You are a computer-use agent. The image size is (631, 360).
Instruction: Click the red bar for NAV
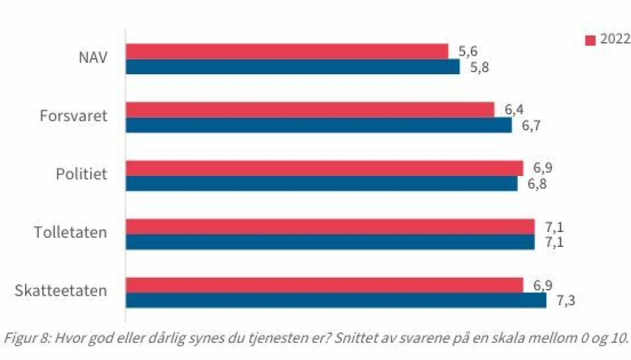click(287, 51)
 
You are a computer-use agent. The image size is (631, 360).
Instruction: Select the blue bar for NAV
click(292, 66)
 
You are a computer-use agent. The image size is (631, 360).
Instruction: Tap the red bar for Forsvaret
click(310, 110)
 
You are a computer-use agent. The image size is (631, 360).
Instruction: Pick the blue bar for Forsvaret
click(318, 125)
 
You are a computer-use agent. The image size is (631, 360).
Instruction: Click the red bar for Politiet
click(324, 168)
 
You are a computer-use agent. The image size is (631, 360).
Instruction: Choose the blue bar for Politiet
click(321, 183)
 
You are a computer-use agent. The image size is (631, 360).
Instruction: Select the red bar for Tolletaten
click(330, 227)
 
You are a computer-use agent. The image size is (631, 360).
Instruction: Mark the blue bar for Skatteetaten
click(336, 300)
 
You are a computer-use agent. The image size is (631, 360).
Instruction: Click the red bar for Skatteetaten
click(324, 285)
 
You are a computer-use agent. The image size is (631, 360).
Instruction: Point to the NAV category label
click(91, 58)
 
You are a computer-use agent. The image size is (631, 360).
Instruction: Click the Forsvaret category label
click(72, 116)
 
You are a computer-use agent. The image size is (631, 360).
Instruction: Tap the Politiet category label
click(81, 175)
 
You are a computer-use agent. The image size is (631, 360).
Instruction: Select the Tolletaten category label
click(70, 233)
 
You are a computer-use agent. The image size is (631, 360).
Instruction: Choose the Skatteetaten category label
click(60, 291)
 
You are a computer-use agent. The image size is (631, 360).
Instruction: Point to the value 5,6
click(468, 51)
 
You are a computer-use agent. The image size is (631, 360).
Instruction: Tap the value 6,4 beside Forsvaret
click(514, 110)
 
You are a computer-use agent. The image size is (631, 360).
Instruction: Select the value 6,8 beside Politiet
click(537, 183)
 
